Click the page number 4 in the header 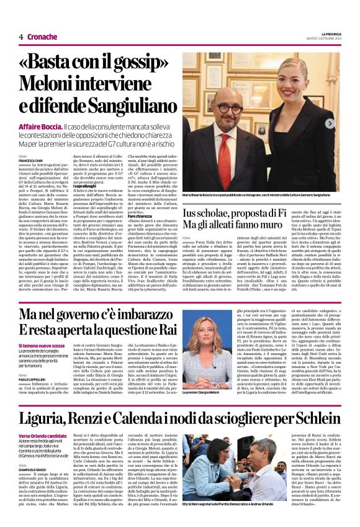pyautogui.click(x=20, y=37)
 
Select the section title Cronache pyautogui.click(x=42, y=37)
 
